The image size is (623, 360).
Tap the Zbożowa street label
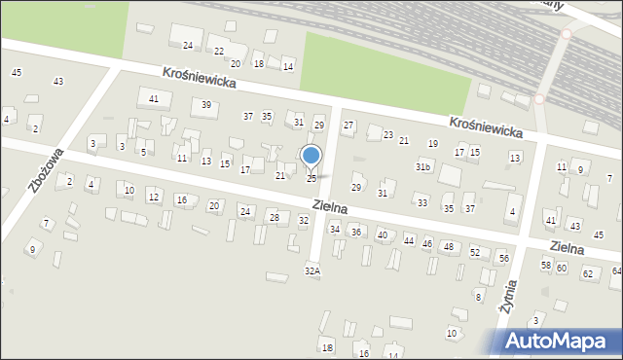(47, 170)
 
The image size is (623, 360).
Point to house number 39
(206, 105)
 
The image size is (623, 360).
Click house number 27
(348, 126)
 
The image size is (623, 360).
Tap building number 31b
(422, 167)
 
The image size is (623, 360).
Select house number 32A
(311, 271)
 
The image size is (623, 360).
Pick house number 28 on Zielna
(274, 217)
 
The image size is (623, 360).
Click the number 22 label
(219, 52)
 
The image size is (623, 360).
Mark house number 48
(448, 247)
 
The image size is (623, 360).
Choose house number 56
(503, 258)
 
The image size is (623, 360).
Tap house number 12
(154, 198)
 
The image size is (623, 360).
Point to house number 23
(388, 135)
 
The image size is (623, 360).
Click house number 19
(433, 144)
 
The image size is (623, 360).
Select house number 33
(421, 202)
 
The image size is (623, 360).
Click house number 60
(562, 268)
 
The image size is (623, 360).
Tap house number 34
(335, 230)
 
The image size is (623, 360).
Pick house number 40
(383, 235)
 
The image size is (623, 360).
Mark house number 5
(143, 153)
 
